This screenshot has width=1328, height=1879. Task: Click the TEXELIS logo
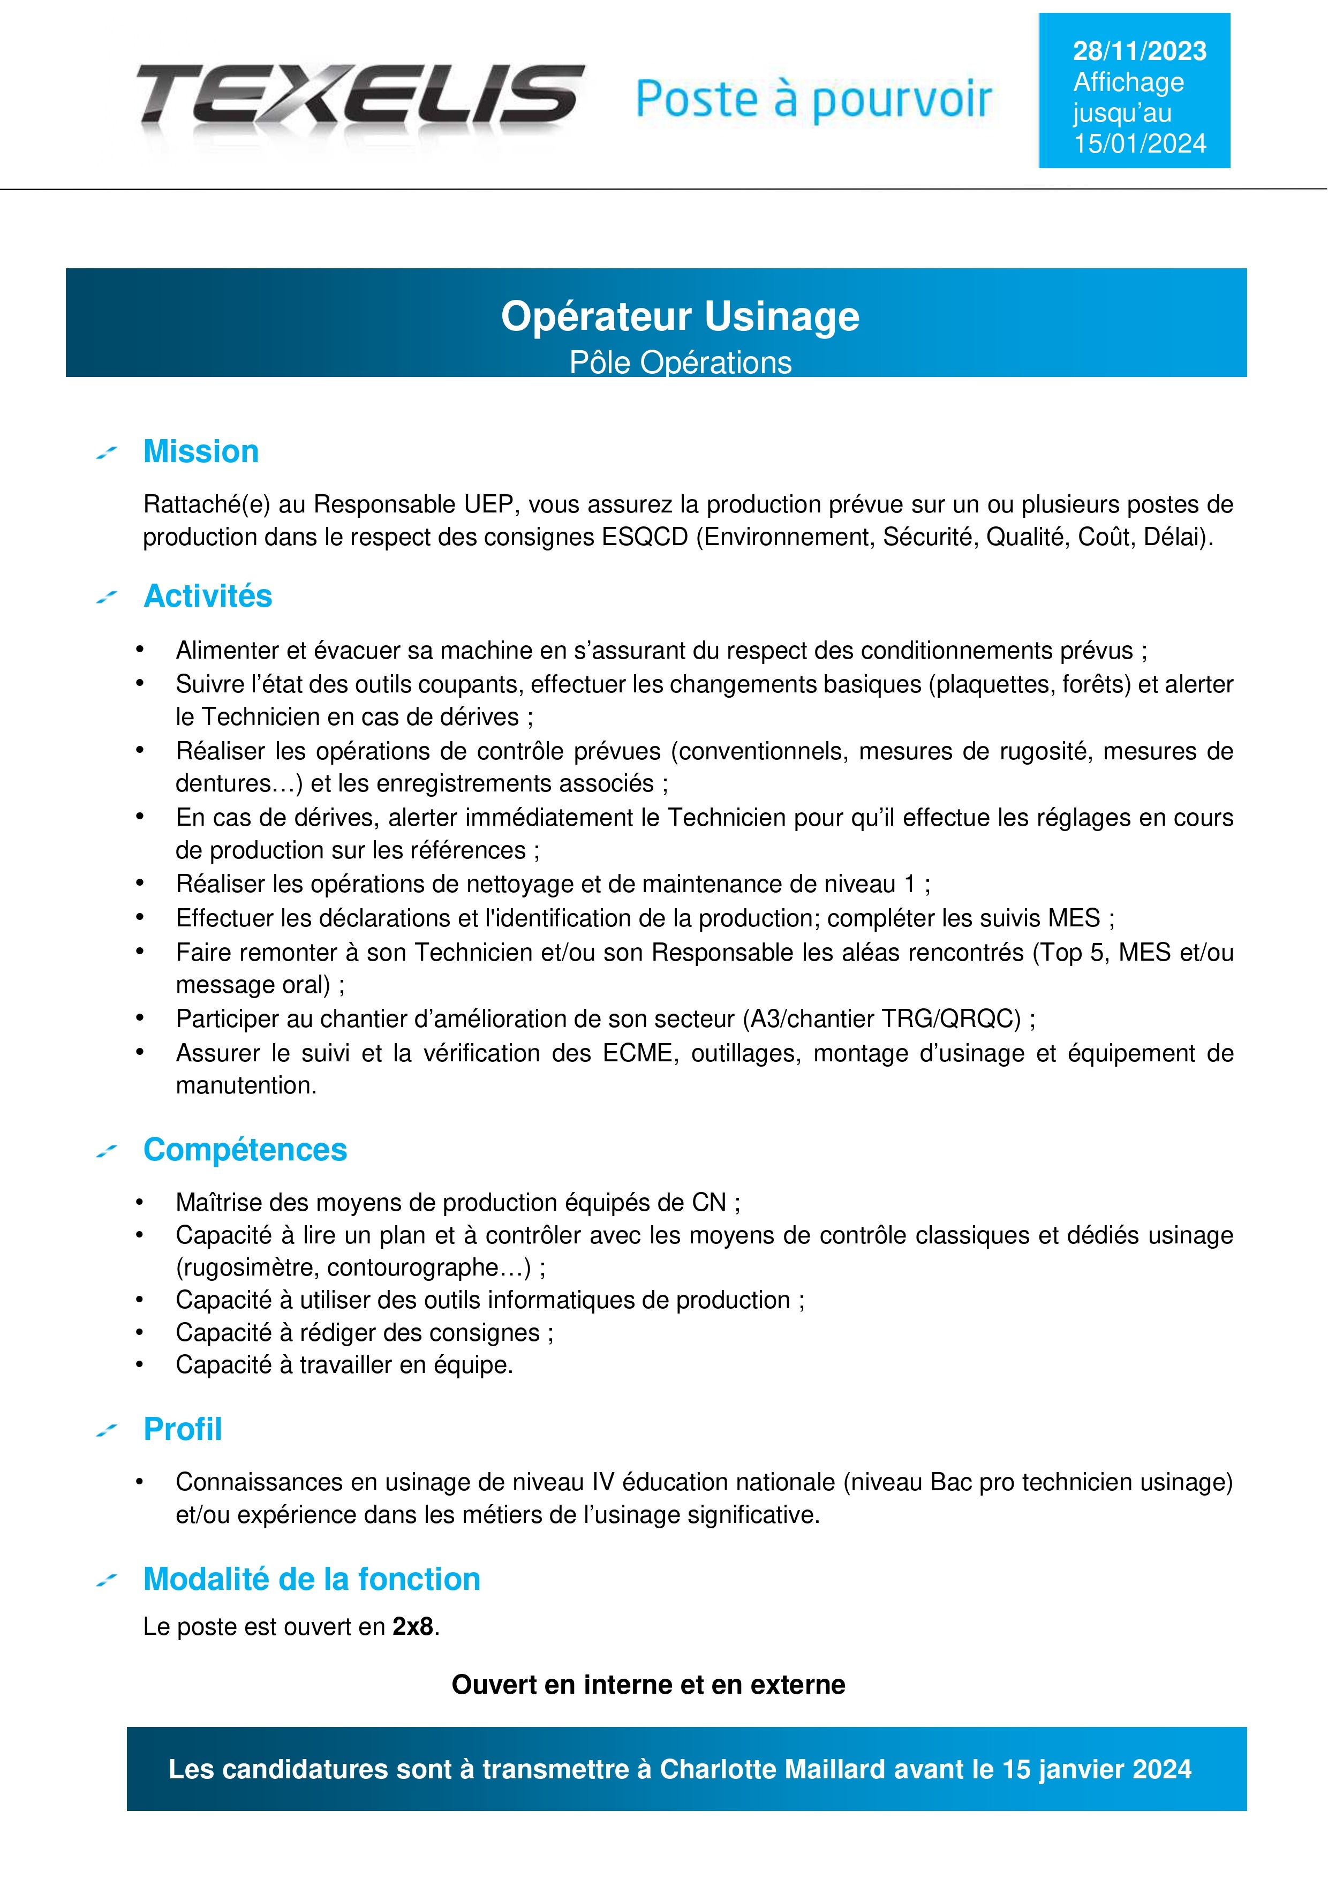pyautogui.click(x=360, y=96)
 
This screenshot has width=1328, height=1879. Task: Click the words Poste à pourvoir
pyautogui.click(x=813, y=100)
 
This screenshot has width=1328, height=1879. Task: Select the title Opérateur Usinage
pyautogui.click(x=680, y=316)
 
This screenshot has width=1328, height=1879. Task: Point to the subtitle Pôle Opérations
pyautogui.click(x=680, y=363)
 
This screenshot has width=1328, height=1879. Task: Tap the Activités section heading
pyautogui.click(x=207, y=596)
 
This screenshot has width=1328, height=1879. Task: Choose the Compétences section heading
pyautogui.click(x=245, y=1150)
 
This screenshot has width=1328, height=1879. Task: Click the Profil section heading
pyautogui.click(x=183, y=1429)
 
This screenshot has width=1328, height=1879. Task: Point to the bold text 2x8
pyautogui.click(x=412, y=1626)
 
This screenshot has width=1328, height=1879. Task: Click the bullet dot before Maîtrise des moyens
pyautogui.click(x=140, y=1202)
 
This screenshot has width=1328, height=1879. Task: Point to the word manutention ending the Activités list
pyautogui.click(x=245, y=1085)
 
